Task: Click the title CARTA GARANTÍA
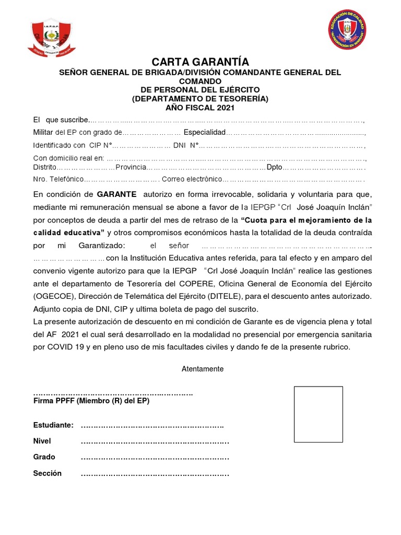[200, 62]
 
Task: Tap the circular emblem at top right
[347, 29]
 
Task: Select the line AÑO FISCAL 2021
[200, 108]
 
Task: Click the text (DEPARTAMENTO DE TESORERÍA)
[200, 99]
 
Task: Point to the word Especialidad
[204, 133]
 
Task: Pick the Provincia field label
[131, 167]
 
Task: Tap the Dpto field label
[274, 167]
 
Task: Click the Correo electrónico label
[192, 179]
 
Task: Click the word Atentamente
[202, 369]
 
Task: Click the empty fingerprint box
[318, 414]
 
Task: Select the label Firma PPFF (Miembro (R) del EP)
[91, 401]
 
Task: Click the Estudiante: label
[53, 425]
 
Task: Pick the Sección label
[48, 473]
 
